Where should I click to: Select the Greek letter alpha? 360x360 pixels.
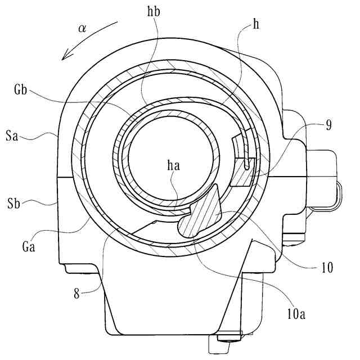click(82, 29)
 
